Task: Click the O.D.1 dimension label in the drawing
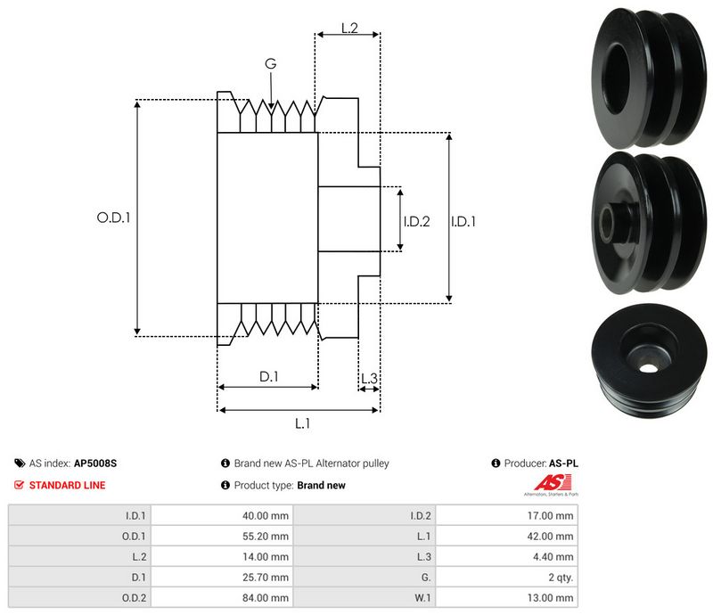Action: pyautogui.click(x=113, y=217)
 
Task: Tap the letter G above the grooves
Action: pyautogui.click(x=270, y=63)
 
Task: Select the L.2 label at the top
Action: pyautogui.click(x=348, y=29)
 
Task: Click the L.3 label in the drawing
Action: pyautogui.click(x=369, y=380)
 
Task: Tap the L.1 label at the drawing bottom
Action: pyautogui.click(x=302, y=423)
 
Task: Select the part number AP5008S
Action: pyautogui.click(x=95, y=463)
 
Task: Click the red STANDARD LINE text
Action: pyautogui.click(x=67, y=486)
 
